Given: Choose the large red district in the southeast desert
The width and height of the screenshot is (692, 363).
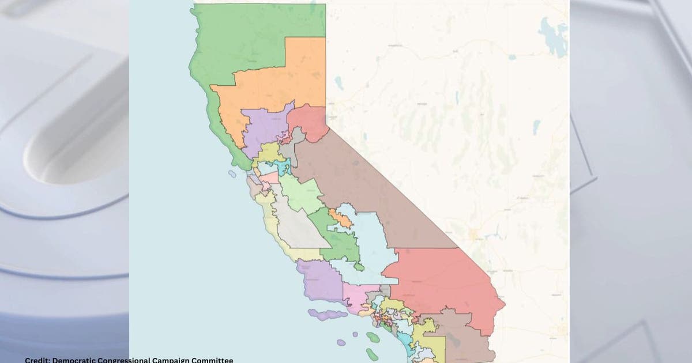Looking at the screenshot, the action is (444, 282).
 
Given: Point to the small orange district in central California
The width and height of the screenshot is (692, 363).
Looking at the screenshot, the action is (340, 218).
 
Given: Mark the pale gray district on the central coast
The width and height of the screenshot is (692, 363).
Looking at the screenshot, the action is (297, 225).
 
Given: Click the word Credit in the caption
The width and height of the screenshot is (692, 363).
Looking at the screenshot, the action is (37, 360).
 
